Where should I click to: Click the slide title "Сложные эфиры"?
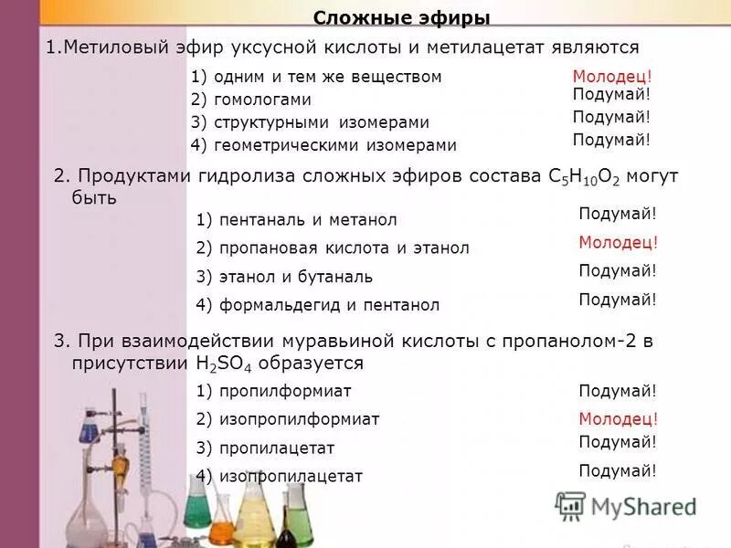pos(401,18)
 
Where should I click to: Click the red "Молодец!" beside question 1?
pos(612,78)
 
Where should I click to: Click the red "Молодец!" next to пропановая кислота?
pos(619,243)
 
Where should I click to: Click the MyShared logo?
pos(626,506)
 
